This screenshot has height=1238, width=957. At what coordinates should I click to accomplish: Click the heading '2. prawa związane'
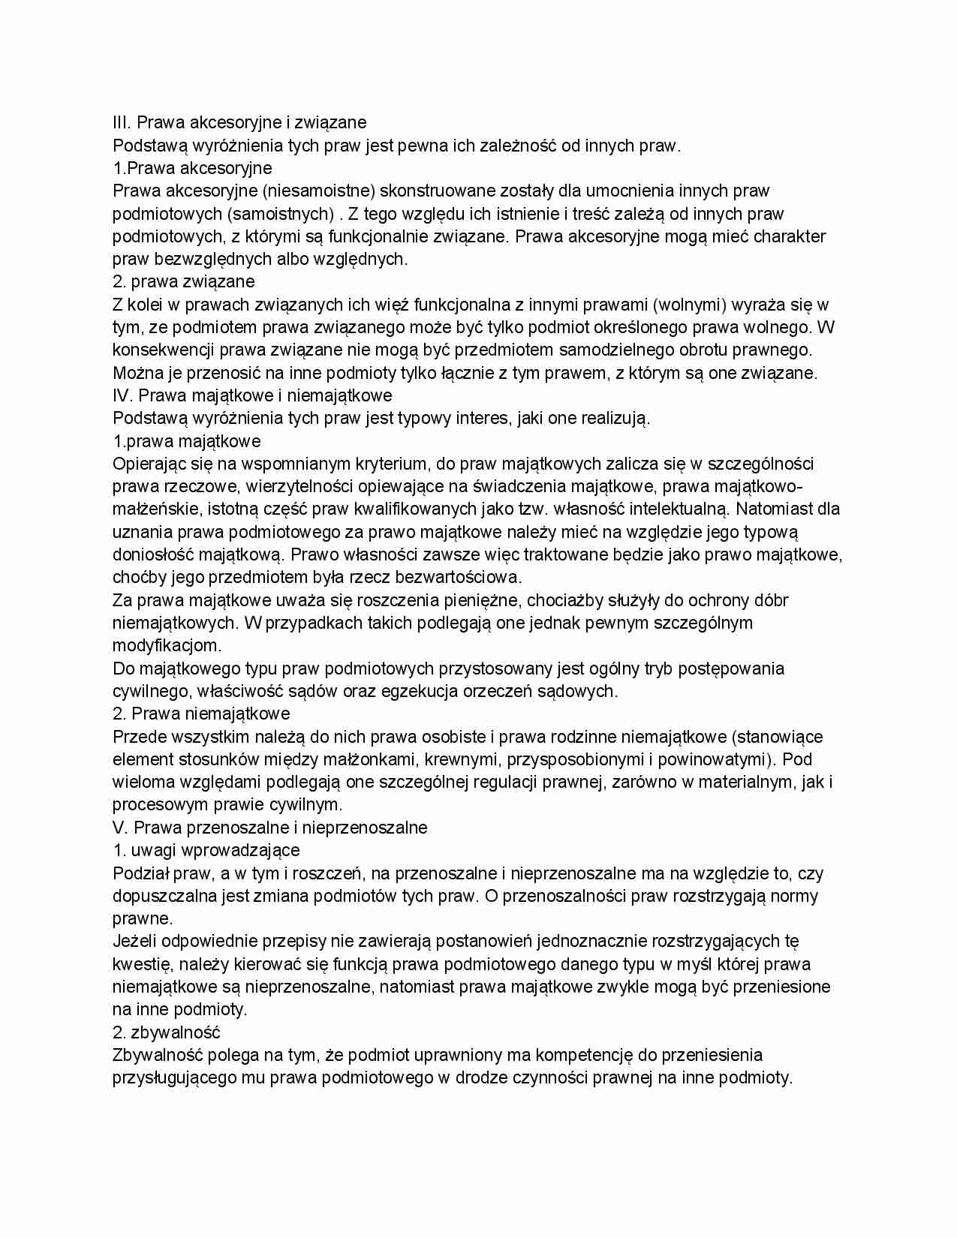tap(183, 282)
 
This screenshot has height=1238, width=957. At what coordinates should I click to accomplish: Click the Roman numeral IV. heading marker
tap(122, 395)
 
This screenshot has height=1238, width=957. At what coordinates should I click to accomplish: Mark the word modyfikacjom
tap(167, 646)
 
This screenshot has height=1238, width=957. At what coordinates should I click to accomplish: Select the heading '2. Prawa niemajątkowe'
tap(201, 714)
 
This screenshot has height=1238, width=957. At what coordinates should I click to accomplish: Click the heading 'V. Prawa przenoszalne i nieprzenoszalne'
tap(269, 828)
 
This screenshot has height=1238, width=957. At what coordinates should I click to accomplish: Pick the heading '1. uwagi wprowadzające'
tap(206, 851)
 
